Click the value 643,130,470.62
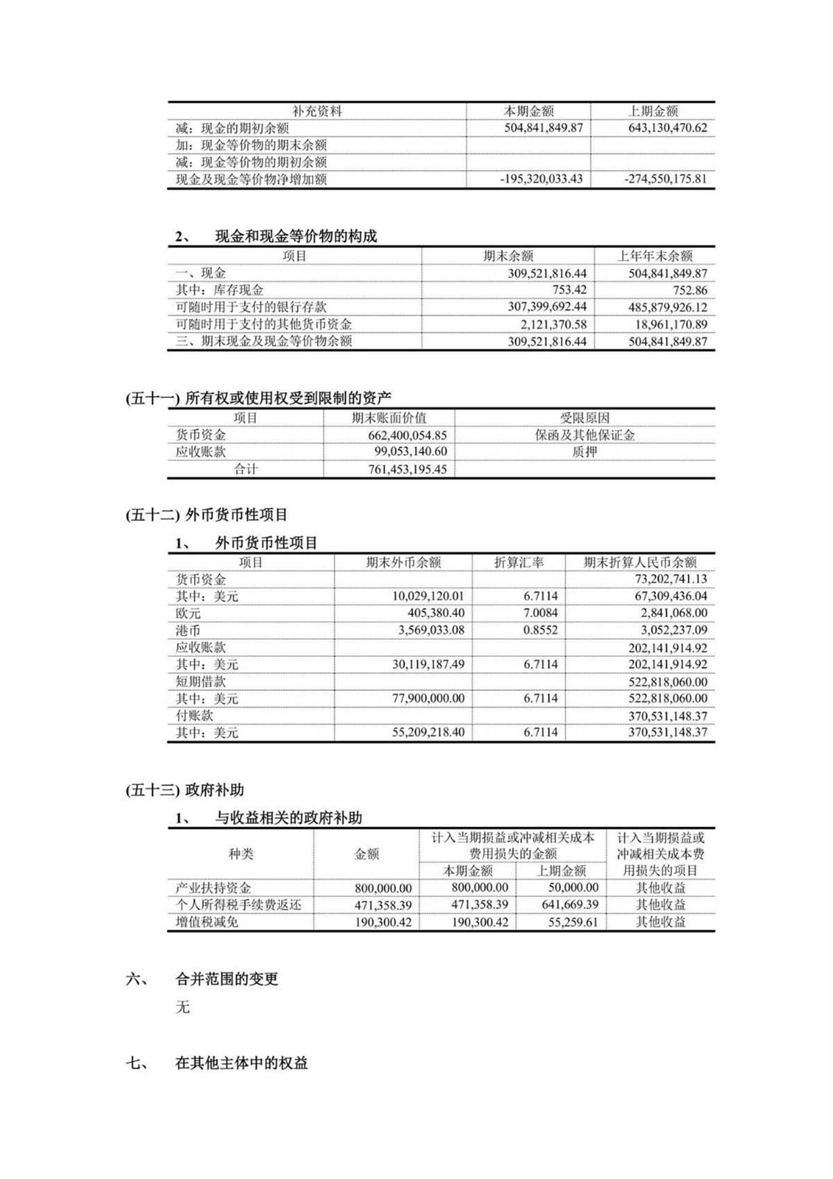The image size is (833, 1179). click(666, 128)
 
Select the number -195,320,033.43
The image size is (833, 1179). click(541, 179)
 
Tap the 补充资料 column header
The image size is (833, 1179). click(317, 111)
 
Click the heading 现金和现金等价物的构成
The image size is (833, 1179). click(296, 236)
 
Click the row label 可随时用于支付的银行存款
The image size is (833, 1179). click(251, 307)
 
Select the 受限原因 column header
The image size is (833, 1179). click(584, 418)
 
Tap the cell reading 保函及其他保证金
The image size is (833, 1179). click(584, 436)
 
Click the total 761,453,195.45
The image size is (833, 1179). click(407, 470)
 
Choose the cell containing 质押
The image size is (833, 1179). click(584, 452)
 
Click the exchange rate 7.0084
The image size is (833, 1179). click(540, 613)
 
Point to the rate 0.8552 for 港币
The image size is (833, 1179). click(540, 631)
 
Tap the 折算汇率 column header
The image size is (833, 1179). click(519, 563)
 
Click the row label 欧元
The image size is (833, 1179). click(188, 613)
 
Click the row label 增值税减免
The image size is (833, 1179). click(207, 922)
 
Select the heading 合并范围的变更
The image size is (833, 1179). click(227, 980)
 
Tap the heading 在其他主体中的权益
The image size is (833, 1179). click(242, 1063)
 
